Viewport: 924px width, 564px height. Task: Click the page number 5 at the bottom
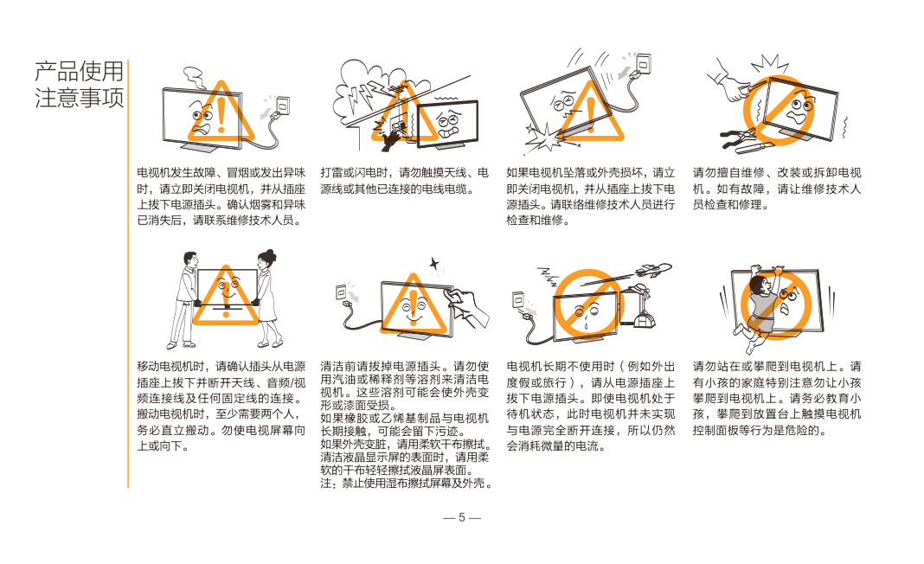(x=461, y=517)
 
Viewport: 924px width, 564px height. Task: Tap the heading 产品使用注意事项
(x=79, y=85)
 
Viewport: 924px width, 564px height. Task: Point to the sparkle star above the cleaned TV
(x=434, y=264)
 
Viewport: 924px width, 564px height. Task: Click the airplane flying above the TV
(x=653, y=271)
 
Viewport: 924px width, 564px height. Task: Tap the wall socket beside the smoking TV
(x=284, y=106)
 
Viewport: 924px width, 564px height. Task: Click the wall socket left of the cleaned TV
(x=340, y=292)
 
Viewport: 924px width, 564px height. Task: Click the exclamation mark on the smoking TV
(x=221, y=114)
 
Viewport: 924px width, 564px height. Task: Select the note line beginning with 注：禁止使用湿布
(x=407, y=484)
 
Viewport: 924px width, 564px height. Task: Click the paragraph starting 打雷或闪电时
(x=404, y=181)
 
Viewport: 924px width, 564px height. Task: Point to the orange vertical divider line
(x=128, y=274)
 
